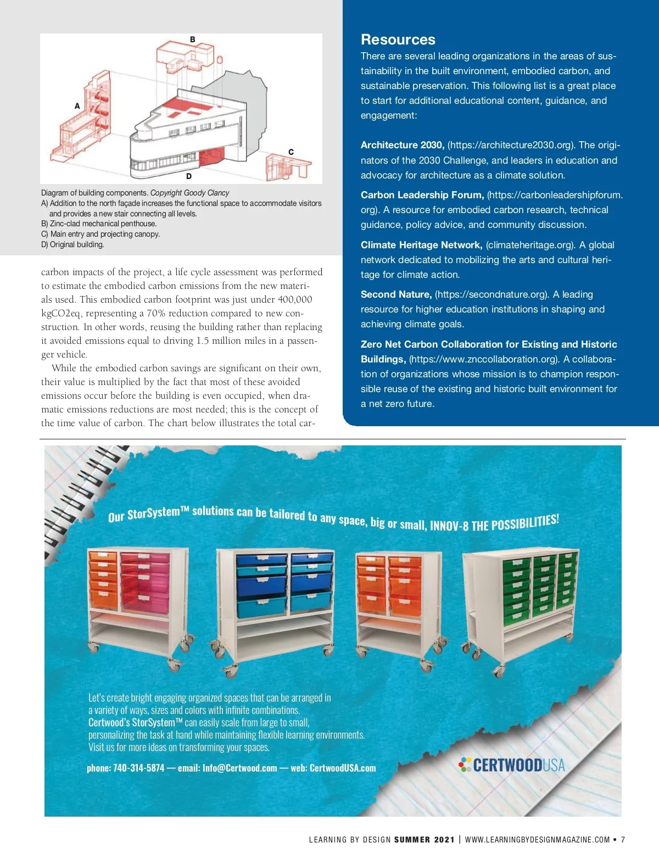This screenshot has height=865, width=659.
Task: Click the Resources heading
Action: [398, 40]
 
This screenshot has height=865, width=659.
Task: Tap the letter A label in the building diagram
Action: [77, 106]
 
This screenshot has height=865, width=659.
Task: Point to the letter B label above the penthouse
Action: [193, 40]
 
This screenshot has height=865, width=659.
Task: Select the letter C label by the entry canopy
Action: [291, 152]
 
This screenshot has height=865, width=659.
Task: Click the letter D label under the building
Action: [189, 176]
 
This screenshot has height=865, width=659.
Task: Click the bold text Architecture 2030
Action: [403, 145]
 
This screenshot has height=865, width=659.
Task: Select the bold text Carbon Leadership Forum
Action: [422, 195]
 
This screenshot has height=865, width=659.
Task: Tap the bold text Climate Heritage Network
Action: [421, 245]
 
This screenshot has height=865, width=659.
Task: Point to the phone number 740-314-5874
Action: [138, 768]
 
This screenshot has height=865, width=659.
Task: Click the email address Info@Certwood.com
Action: [239, 768]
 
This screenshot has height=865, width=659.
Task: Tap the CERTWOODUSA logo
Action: [512, 765]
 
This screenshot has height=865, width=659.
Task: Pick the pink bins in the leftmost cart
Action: [145, 581]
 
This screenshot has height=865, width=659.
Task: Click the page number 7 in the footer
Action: [623, 839]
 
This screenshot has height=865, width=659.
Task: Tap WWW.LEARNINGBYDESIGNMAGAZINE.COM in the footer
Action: [537, 839]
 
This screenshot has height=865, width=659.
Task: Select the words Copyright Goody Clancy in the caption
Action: [189, 193]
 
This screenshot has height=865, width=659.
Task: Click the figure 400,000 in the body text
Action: [295, 299]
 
